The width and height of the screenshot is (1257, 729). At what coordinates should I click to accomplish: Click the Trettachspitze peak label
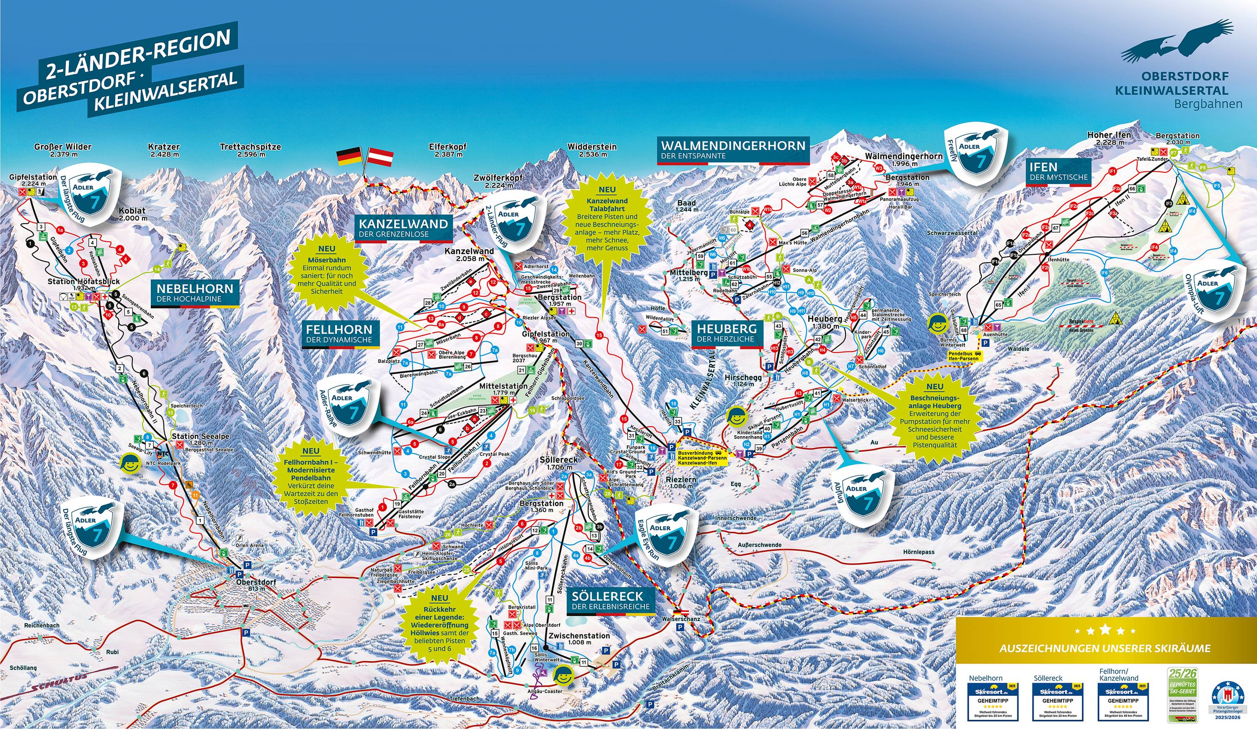251,150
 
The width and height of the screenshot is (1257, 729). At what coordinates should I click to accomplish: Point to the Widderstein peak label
592,150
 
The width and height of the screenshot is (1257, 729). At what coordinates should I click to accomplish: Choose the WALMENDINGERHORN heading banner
733,150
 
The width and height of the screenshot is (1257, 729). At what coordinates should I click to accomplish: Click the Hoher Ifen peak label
1110,138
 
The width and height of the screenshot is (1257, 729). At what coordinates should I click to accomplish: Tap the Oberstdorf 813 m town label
256,585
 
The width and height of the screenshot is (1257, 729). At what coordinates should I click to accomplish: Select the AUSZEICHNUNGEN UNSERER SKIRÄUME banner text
1105,648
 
